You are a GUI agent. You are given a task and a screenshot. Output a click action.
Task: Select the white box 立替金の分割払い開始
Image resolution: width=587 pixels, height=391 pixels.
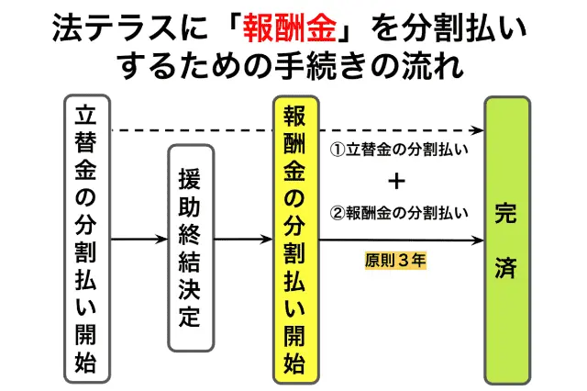coord(87,238)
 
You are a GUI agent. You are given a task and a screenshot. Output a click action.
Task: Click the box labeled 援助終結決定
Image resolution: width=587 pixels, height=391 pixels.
coord(190,247)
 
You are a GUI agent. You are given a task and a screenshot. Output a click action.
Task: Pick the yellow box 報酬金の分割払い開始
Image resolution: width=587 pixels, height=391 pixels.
coord(295,238)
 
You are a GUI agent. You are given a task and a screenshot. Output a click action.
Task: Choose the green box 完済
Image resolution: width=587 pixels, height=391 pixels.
coord(507,238)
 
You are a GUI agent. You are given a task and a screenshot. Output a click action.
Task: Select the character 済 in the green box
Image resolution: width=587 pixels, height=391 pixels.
coord(506,269)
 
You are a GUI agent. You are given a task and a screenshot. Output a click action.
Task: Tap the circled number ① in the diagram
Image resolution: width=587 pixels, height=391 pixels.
coord(336,150)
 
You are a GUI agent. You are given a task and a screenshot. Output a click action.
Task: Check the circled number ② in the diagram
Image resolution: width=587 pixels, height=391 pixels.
coord(336,212)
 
